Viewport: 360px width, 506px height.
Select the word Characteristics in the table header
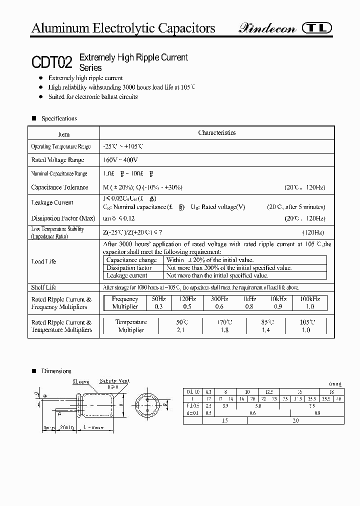pyautogui.click(x=216, y=132)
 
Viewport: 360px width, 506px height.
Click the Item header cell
pyautogui.click(x=64, y=134)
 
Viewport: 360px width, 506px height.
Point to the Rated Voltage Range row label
pyautogui.click(x=57, y=160)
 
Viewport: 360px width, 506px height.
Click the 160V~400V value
pyautogui.click(x=120, y=160)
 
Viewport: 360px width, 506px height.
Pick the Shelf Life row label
pyautogui.click(x=43, y=287)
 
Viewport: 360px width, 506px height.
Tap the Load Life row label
pyautogui.click(x=43, y=261)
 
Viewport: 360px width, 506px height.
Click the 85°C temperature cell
pyautogui.click(x=267, y=322)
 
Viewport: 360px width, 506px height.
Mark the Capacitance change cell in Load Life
pyautogui.click(x=132, y=260)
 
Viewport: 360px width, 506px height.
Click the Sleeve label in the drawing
pyautogui.click(x=81, y=381)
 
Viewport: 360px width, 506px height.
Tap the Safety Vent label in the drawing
pyautogui.click(x=114, y=381)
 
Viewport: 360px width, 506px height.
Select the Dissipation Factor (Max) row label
pyautogui.click(x=63, y=218)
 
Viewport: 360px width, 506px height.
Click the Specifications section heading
pyautogui.click(x=59, y=118)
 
